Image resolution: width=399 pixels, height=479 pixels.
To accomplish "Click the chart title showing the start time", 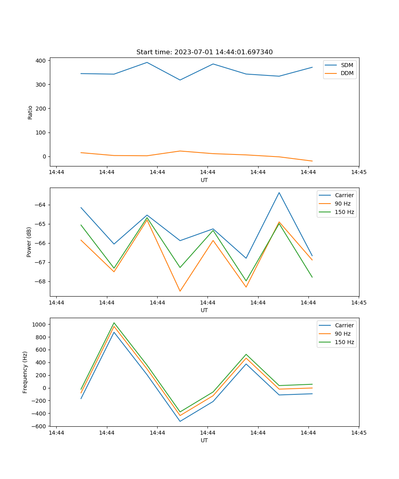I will click(204, 52).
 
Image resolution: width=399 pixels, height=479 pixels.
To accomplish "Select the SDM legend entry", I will click(346, 65).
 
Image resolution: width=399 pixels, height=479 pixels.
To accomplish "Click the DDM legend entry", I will click(347, 73).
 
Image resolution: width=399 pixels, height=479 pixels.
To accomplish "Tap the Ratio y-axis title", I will click(30, 112).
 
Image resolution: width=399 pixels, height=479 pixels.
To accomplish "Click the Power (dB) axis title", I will click(29, 242).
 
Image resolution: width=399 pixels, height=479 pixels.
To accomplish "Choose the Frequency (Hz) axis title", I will click(25, 372).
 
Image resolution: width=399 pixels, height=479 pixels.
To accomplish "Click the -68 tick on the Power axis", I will click(41, 281).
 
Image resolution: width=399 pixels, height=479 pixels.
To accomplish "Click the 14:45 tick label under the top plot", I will click(359, 172).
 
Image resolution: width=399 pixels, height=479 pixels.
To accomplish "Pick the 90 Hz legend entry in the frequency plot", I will click(342, 334).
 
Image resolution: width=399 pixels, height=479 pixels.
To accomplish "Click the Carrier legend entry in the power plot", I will click(344, 195).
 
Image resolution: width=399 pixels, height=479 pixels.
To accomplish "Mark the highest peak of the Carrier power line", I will click(279, 192).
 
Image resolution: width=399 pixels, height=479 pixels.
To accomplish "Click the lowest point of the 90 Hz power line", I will click(180, 291).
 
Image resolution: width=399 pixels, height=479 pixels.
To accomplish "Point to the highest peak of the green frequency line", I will click(114, 323).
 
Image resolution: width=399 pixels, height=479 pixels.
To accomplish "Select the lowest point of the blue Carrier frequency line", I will click(180, 421).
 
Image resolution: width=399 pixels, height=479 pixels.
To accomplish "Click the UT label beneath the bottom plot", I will click(204, 440).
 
